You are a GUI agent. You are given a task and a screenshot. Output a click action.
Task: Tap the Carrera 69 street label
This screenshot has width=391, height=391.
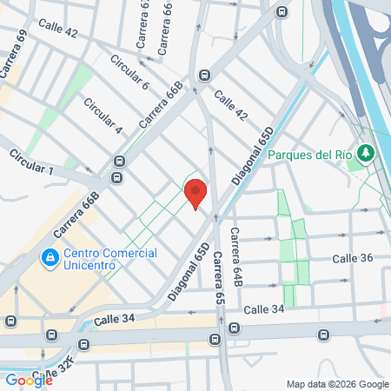coord(15,53)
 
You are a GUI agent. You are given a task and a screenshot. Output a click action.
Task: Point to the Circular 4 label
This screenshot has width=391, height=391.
coord(103,116)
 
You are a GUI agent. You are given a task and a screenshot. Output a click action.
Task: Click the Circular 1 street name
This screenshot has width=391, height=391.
coord(31,161)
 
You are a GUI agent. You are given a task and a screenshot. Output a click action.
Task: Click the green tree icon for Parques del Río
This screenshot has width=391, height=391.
coord(366,154)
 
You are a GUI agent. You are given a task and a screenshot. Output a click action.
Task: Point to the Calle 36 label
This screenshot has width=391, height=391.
coord(354,259)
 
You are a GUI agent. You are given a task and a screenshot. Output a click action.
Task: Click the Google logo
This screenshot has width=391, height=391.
coord(29,380)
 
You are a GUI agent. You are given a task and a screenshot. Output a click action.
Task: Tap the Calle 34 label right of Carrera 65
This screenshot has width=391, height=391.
coord(264,309)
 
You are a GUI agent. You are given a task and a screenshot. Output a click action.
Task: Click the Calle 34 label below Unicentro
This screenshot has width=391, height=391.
coord(116,320)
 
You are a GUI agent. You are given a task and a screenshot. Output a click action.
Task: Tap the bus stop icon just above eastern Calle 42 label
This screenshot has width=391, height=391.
coord(204,75)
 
